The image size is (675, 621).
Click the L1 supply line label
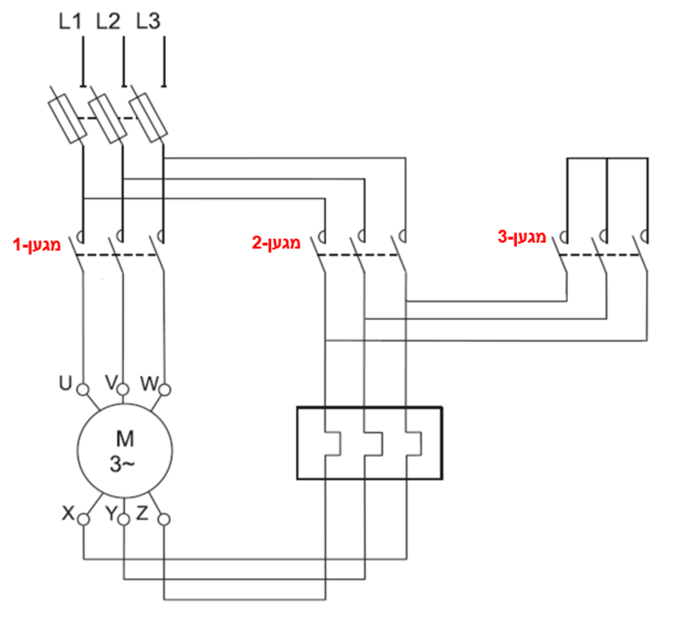pos(70,21)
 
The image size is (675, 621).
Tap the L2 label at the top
pos(108,21)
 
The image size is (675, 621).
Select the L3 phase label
pos(148,21)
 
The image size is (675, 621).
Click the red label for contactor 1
pos(37,245)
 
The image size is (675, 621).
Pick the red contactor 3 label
pos(522,237)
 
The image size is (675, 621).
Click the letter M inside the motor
pos(125,439)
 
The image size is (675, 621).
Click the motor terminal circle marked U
pos(83,389)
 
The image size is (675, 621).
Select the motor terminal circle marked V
pos(123,389)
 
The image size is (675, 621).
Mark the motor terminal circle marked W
pos(165,390)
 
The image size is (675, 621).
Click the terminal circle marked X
pos(83,519)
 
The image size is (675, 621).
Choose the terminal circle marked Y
pos(124,520)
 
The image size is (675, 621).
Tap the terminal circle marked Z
pos(164,520)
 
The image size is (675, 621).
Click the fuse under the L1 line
pos(68,119)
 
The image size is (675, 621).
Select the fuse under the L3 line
pos(148,118)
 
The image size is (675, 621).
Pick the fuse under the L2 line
pos(108,118)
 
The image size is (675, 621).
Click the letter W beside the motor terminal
pos(150,383)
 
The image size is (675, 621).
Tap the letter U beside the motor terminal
pos(66,383)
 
